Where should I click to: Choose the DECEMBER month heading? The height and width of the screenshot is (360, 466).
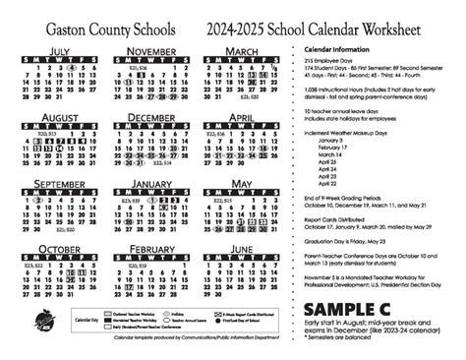[151, 117]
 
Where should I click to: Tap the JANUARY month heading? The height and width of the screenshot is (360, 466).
[151, 184]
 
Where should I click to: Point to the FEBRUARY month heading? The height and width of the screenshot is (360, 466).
[151, 250]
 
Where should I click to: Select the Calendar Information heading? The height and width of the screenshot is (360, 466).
[342, 47]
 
